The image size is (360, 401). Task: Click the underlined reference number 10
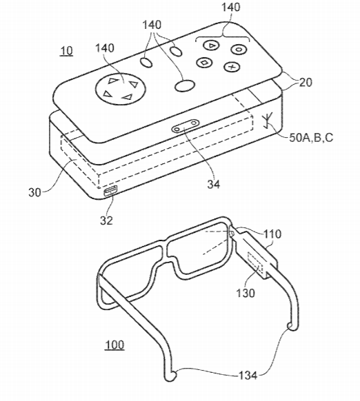[66, 51]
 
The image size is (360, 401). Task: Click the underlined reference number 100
[114, 345]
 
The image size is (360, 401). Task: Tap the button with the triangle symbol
[212, 45]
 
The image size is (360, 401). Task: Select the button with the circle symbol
[239, 50]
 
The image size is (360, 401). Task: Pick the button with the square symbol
[205, 63]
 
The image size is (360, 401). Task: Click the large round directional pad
[120, 89]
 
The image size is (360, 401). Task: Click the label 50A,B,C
[311, 138]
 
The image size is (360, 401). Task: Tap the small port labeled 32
[110, 191]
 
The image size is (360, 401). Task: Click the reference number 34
[214, 184]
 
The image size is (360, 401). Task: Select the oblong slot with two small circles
[186, 126]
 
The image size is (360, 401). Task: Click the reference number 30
[34, 192]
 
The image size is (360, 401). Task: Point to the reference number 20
[306, 83]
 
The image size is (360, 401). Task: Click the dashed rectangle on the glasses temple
[255, 265]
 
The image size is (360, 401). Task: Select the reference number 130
[246, 293]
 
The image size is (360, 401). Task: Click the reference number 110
[272, 234]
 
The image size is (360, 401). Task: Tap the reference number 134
[248, 376]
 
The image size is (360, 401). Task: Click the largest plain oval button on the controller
[185, 85]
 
